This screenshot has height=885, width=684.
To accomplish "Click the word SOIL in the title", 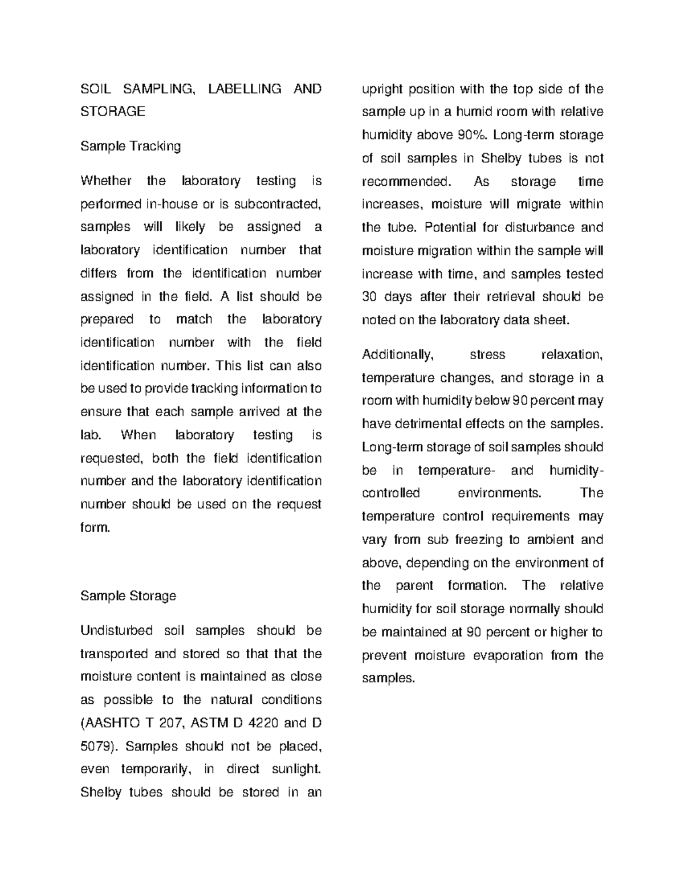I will pos(96,89).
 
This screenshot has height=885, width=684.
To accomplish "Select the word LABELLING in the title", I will pos(245,89).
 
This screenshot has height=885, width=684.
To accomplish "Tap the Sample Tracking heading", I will pos(131,146).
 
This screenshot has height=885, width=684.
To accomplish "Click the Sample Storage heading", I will pos(128,596).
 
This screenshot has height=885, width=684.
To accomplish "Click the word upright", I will pos(382,89).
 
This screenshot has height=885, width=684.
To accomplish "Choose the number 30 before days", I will pos(369,297).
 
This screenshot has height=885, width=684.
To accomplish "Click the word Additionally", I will pos(398,355).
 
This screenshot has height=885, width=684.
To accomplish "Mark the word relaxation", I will pos(572,355).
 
